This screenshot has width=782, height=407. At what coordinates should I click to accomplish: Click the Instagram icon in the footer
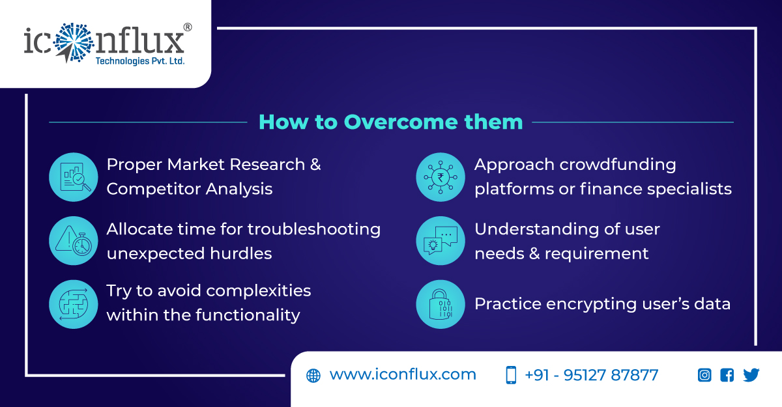point(704,375)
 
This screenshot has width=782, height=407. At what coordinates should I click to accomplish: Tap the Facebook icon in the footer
point(727,375)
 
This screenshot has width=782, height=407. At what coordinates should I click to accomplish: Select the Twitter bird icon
point(751,375)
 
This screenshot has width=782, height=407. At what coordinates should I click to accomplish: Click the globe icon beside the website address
point(313,376)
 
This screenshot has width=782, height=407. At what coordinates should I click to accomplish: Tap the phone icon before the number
point(511,375)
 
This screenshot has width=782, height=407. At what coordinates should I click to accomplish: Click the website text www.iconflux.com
point(403,375)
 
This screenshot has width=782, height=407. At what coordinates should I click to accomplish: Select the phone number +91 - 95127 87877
point(591,375)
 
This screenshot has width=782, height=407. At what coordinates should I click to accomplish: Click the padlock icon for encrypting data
point(441,304)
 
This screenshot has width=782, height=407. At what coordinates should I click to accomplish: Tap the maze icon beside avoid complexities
point(73,304)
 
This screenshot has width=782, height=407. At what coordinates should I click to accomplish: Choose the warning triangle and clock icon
point(73,241)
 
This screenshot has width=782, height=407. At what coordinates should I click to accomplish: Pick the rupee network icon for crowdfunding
point(441,177)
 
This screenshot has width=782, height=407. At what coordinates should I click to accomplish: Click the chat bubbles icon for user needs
point(441,241)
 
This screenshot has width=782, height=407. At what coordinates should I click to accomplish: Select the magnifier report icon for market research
point(73,177)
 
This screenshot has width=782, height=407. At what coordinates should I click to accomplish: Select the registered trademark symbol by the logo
point(188,27)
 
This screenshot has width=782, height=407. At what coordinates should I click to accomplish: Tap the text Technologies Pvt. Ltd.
point(140,61)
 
